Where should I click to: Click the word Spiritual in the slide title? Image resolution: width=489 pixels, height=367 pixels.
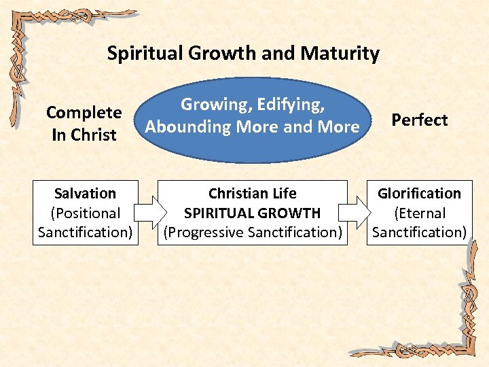pos(139,54)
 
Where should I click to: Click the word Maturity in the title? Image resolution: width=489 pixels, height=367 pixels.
pos(344,54)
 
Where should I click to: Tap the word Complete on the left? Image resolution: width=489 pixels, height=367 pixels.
pos(84,112)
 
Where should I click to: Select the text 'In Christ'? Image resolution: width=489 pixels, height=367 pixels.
pos(84,135)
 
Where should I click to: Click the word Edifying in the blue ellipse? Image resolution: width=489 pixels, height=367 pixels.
pos(290,104)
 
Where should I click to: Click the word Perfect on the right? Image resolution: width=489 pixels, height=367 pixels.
pos(419,120)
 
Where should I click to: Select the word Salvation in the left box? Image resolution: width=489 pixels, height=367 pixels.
pos(85,194)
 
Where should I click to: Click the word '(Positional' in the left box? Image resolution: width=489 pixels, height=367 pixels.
pos(85,213)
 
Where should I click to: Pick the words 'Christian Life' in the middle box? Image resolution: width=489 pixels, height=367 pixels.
pos(252,194)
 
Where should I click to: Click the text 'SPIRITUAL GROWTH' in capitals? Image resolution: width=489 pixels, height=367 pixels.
pos(252,213)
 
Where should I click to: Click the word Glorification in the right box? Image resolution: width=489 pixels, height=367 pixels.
pos(419,194)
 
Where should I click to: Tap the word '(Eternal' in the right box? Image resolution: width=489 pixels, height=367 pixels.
pos(419,213)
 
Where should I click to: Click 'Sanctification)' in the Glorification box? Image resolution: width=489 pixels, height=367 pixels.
pos(419,232)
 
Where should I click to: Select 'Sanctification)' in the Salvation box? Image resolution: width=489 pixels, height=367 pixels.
pos(85,232)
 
